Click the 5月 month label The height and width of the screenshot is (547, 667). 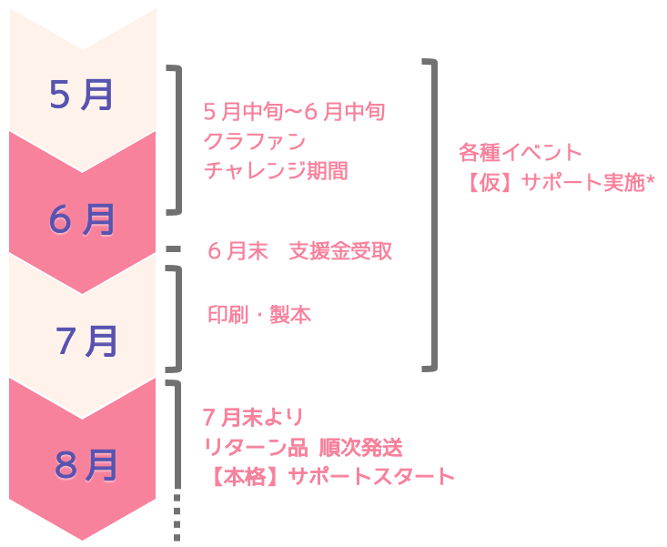81,95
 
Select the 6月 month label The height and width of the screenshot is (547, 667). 83,219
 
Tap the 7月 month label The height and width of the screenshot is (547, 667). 86,341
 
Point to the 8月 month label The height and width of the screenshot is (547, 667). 86,465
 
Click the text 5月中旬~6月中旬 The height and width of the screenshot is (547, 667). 295,112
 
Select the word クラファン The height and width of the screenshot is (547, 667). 255,141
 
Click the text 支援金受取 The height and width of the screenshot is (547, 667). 340,251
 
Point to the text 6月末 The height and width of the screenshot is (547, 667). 237,251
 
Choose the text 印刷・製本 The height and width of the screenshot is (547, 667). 259,315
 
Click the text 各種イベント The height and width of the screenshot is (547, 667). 520,152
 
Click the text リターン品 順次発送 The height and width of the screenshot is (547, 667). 302,447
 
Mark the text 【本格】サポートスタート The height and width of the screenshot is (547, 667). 328,475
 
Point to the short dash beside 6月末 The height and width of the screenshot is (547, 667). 175,248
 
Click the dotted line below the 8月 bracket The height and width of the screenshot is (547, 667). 177,518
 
